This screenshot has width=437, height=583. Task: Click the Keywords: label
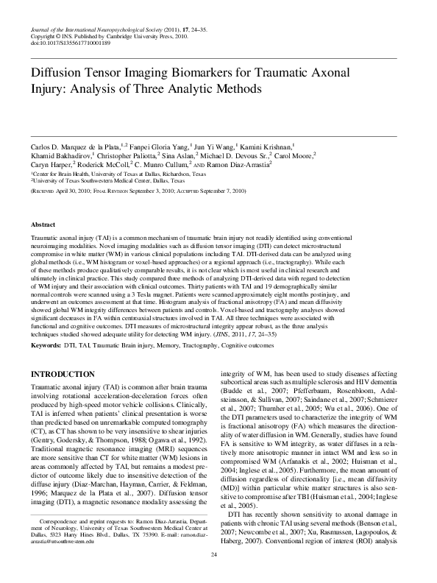46,344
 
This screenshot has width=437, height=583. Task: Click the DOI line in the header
71,43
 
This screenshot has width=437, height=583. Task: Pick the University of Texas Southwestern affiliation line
107,181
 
